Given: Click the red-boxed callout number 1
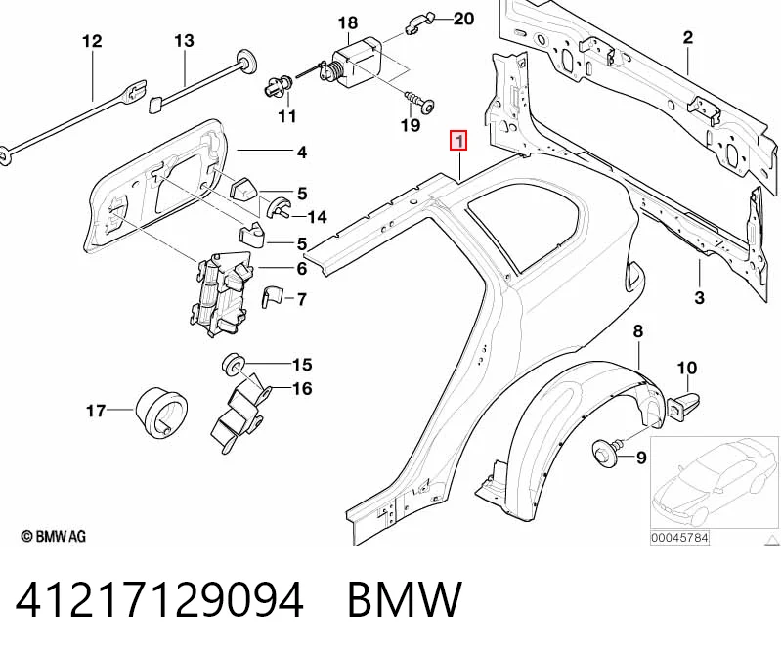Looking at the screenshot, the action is (x=458, y=140).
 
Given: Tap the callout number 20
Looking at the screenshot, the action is (x=463, y=19).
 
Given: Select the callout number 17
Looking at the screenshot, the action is (x=96, y=411).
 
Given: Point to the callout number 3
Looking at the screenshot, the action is (x=699, y=298).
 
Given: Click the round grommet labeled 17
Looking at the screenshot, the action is (x=160, y=412).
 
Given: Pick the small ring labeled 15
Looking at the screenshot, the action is (x=232, y=364).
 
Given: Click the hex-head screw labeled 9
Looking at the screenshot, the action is (x=607, y=450).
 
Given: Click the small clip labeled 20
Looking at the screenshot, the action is (x=420, y=24).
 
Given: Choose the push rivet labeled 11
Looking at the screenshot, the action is (x=278, y=87).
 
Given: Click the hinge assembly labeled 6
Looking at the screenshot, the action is (x=220, y=295).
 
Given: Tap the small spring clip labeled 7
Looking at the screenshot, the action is (x=272, y=297).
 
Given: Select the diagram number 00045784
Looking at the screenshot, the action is (x=679, y=538).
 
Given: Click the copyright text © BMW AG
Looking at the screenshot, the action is (x=54, y=536).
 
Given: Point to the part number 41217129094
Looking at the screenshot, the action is (x=159, y=599).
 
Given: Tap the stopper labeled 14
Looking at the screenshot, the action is (x=280, y=208).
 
